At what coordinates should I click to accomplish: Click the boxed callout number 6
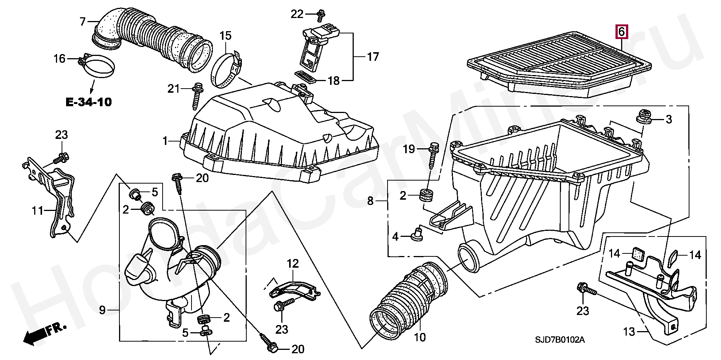click(x=621, y=32)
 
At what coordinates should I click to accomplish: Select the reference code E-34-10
click(x=89, y=102)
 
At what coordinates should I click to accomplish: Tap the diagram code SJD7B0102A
click(x=560, y=340)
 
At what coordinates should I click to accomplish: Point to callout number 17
click(x=373, y=57)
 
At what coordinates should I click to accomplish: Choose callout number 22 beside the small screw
click(x=297, y=14)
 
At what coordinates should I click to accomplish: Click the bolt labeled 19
click(x=433, y=155)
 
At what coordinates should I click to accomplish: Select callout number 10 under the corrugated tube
click(x=420, y=337)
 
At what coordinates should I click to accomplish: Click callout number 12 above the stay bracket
click(x=293, y=264)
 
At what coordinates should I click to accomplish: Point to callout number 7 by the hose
click(x=83, y=21)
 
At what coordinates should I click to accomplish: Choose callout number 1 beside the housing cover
click(x=165, y=141)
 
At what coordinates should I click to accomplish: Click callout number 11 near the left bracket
click(x=38, y=211)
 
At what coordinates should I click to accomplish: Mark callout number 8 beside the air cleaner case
click(x=371, y=201)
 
